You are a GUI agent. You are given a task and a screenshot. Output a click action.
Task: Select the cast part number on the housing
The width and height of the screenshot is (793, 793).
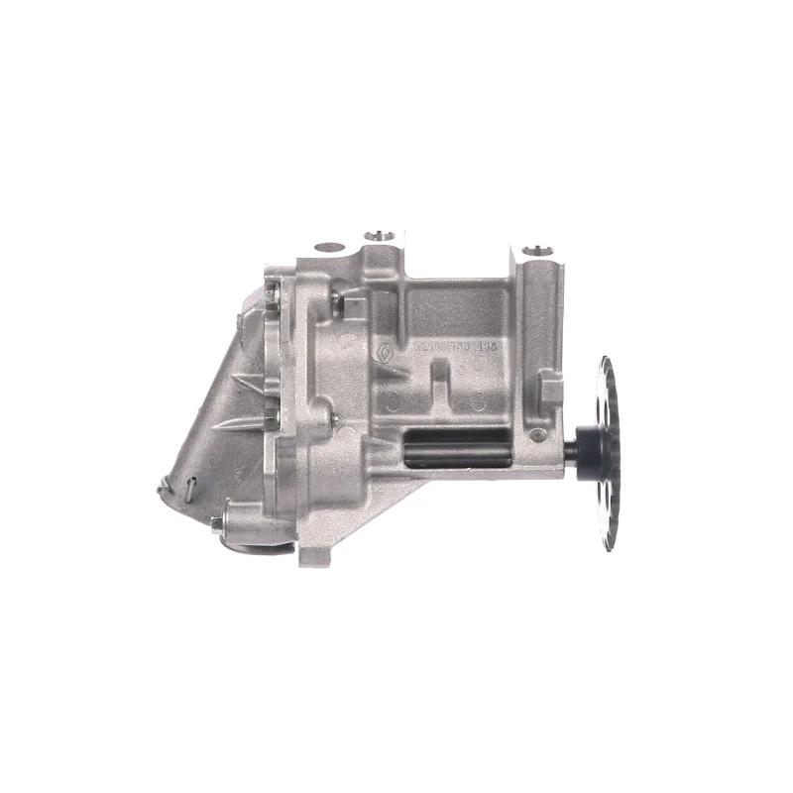(x=452, y=348)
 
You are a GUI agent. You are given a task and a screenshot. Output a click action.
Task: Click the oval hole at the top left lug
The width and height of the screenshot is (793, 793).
(x=329, y=246)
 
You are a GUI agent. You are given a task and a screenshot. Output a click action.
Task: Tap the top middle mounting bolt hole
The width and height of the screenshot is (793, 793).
(x=379, y=236)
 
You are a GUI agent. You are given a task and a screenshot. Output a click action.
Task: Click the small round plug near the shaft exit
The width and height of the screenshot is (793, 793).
(x=536, y=434)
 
